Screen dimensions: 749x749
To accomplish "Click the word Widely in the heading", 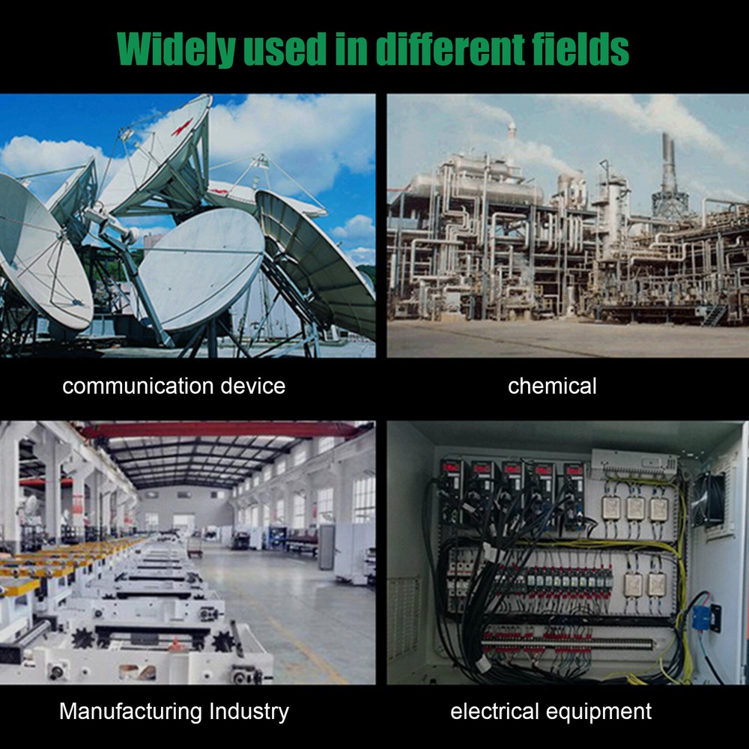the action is click(176, 49).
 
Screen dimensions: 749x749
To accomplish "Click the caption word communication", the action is click(138, 386).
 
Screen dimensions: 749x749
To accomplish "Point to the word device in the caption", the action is click(253, 386).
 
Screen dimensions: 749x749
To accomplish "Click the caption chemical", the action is click(552, 386).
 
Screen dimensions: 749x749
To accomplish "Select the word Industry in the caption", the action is click(249, 712).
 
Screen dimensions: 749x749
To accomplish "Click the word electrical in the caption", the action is click(494, 711).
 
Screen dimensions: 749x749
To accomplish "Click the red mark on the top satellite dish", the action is click(182, 127).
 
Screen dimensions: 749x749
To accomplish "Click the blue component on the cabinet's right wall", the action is click(701, 617).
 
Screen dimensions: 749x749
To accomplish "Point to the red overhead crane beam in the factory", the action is click(219, 431).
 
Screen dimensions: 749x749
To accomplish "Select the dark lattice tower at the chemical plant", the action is click(669, 177).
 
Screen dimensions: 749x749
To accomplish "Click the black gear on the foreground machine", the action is click(83, 638).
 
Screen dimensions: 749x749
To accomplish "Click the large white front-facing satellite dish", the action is click(201, 270).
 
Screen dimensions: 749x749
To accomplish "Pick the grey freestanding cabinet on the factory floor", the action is click(327, 547).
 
